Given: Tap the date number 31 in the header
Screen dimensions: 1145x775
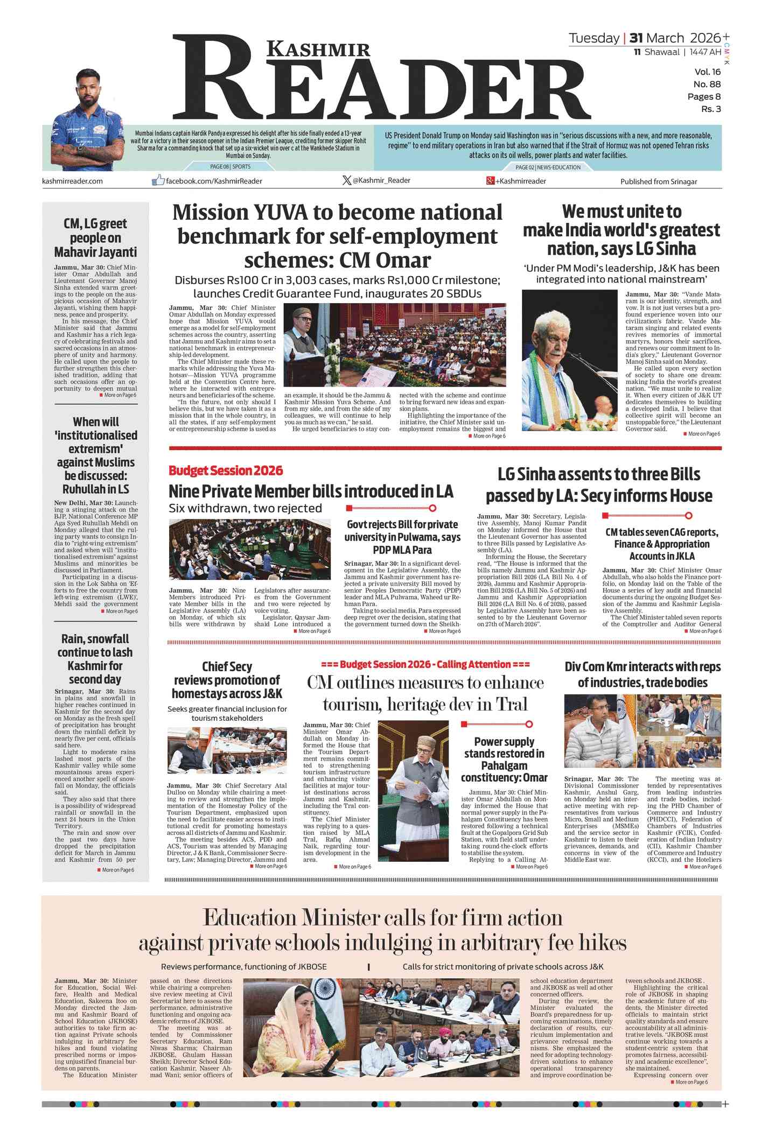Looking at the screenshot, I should [x=636, y=38].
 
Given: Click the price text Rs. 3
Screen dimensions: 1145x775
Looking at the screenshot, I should [x=710, y=109].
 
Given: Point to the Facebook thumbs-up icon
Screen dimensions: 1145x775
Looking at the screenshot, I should [x=158, y=180].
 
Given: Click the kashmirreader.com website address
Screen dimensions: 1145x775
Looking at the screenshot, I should [x=72, y=181].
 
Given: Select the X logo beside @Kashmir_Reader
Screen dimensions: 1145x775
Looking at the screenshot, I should [x=347, y=180].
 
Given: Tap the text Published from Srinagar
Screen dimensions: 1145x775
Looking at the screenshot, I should [x=658, y=181].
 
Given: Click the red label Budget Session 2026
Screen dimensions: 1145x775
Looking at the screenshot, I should [x=226, y=470].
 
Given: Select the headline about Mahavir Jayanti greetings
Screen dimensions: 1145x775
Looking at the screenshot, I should [x=95, y=237].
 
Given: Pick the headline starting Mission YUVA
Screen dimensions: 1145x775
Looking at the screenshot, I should [x=337, y=236].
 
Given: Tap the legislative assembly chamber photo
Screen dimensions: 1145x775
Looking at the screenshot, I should [x=249, y=549].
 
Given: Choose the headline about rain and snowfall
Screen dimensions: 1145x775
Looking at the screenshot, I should [x=96, y=659].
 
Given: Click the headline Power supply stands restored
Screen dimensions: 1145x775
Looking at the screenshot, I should [x=504, y=759].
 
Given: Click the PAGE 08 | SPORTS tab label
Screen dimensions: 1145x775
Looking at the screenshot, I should [x=230, y=167].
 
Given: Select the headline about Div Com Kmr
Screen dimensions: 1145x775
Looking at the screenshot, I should [x=642, y=675].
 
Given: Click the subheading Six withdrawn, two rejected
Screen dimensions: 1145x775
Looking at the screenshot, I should [x=245, y=508].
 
